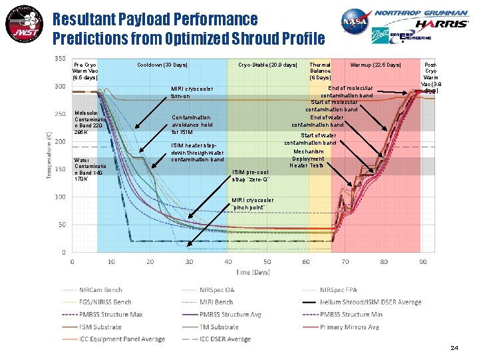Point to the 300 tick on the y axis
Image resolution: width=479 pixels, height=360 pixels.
tap(60, 86)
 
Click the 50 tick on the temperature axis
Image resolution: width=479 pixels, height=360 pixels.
tap(61, 225)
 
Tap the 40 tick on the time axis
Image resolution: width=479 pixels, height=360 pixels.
tap(228, 261)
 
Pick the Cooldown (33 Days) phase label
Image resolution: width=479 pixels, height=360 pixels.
tap(162, 65)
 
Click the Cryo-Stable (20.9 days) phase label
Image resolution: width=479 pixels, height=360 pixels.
tap(268, 65)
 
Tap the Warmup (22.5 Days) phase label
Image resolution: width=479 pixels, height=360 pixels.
tap(376, 65)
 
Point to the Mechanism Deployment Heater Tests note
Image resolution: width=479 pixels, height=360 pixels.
tap(307, 158)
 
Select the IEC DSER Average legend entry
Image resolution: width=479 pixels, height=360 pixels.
tap(232, 339)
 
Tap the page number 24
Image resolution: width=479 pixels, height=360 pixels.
tap(454, 348)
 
